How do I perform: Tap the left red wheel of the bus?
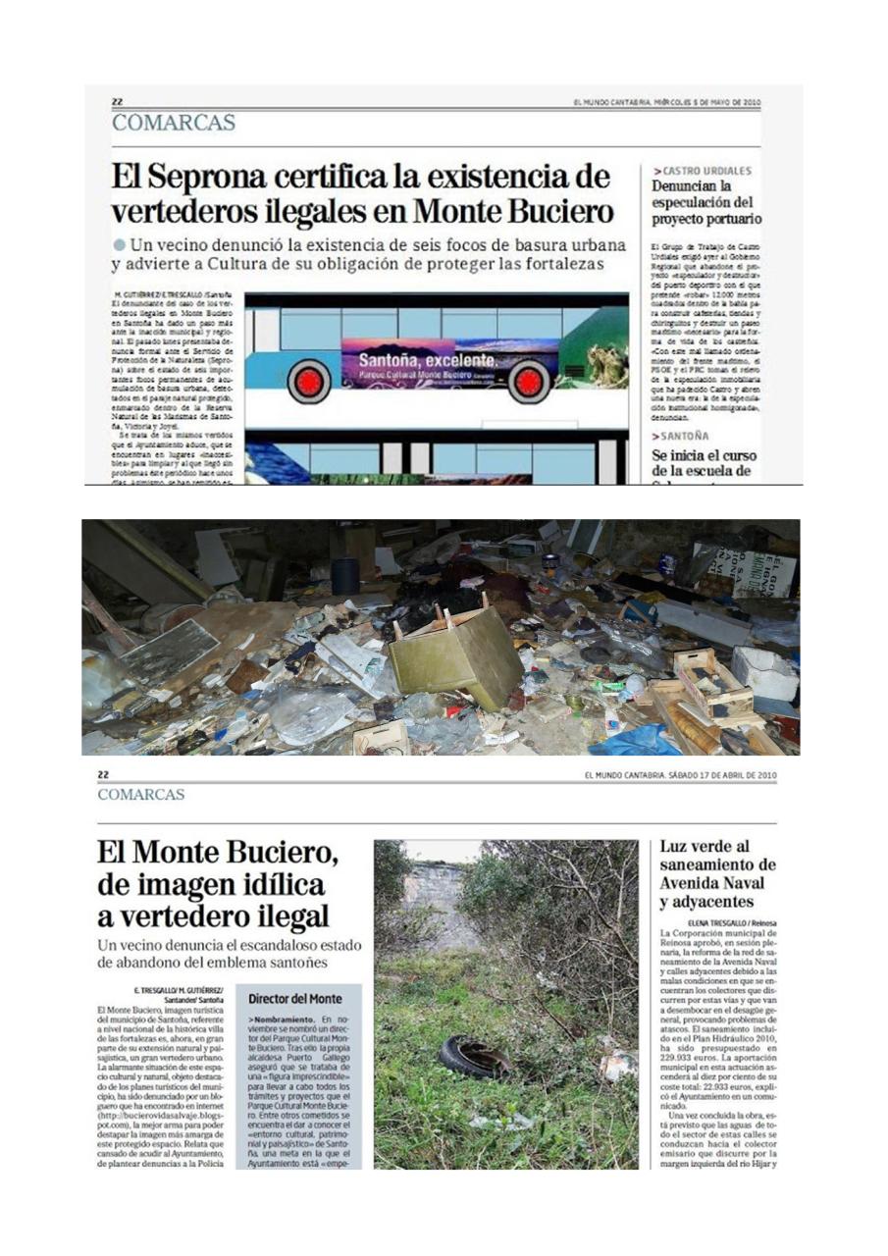point(309,381)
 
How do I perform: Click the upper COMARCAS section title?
point(173,123)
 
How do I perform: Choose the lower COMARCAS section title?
point(140,795)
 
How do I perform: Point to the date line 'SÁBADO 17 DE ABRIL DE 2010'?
point(680,775)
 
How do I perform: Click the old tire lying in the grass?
point(474,1056)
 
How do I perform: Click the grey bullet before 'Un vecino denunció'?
point(120,243)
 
